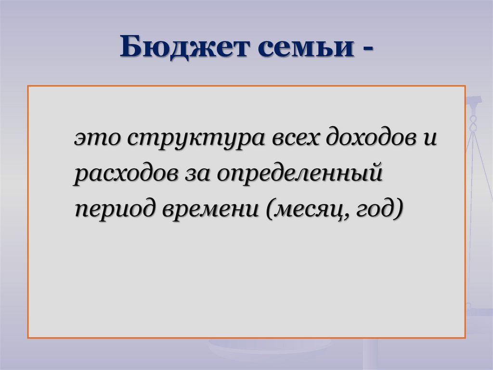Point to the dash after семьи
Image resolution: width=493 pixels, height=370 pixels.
click(366, 50)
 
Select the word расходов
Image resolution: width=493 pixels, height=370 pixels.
click(123, 174)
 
